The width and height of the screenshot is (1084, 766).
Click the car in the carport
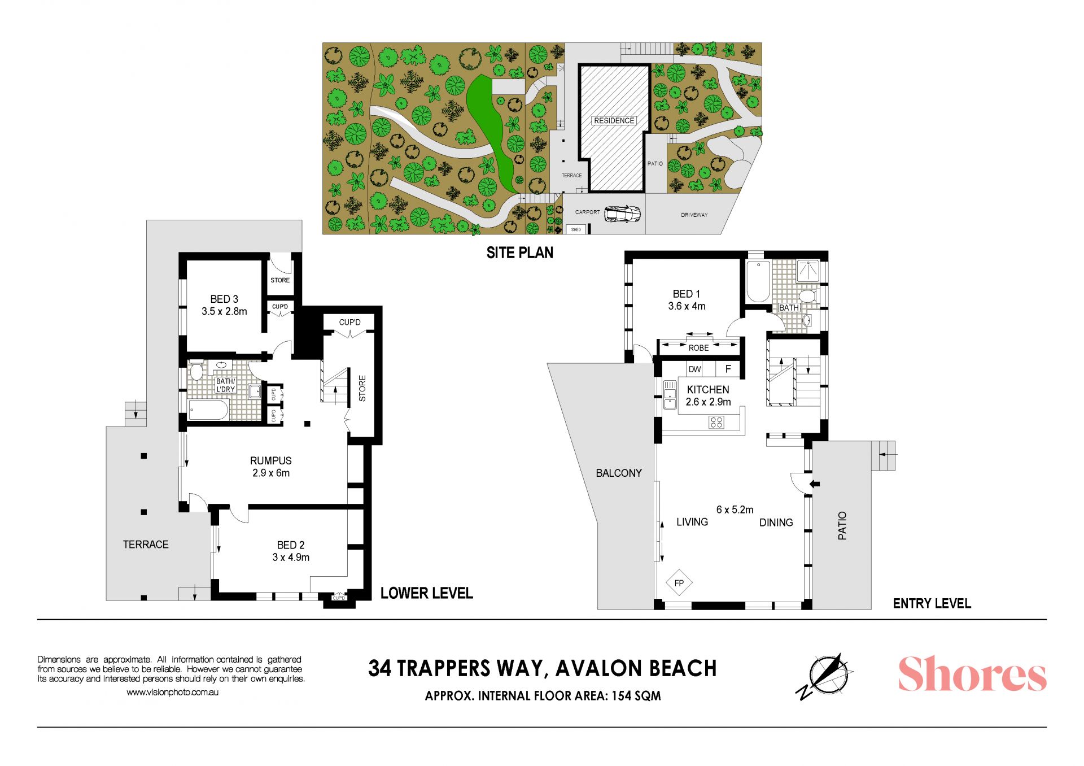pos(622,214)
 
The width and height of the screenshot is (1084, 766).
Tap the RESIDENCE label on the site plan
pos(614,120)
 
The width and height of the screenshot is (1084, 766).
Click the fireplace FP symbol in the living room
pos(679,583)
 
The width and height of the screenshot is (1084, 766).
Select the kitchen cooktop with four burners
pos(716,421)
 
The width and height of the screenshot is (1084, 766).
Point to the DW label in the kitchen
pos(694,369)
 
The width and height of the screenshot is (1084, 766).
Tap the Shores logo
pos(972,674)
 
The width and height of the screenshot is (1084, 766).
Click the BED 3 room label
pos(224,299)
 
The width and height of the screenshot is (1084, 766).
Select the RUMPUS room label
pos(271,460)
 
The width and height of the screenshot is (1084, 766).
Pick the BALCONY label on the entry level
pos(619,473)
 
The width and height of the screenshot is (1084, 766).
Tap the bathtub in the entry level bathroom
pos(758,281)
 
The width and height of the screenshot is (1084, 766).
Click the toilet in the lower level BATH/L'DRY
pos(196,372)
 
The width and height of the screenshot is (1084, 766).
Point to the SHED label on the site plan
pos(576,229)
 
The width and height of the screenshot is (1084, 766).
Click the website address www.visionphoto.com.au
pos(172,692)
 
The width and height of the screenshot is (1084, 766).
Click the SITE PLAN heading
pos(520,253)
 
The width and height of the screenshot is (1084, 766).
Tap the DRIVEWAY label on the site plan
pos(694,215)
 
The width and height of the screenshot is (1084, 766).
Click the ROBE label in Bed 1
pos(698,348)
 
